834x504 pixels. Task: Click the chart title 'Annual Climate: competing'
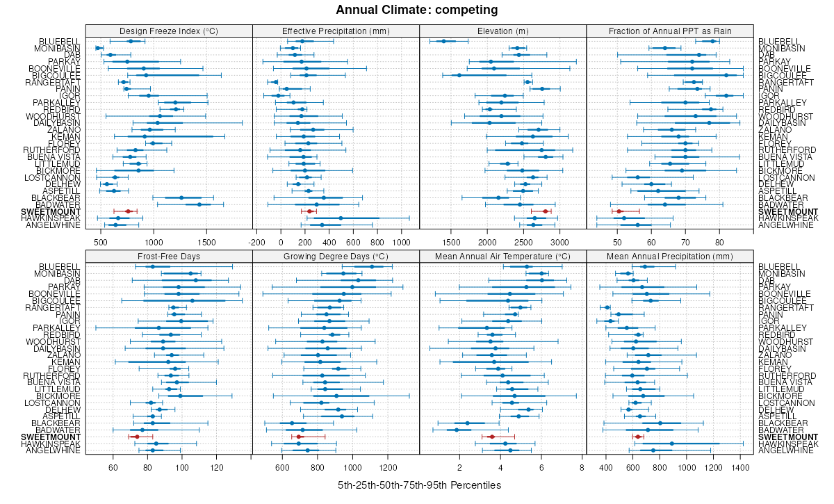pyautogui.click(x=416, y=10)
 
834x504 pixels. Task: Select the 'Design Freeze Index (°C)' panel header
pyautogui.click(x=169, y=31)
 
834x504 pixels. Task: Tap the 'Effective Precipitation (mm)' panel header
pyautogui.click(x=336, y=31)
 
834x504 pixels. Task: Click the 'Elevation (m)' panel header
pyautogui.click(x=503, y=31)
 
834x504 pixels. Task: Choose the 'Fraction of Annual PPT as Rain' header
pyautogui.click(x=670, y=31)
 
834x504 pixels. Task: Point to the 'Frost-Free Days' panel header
pyautogui.click(x=169, y=256)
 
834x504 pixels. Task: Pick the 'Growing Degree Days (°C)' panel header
pyautogui.click(x=336, y=256)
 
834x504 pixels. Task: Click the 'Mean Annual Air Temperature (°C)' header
pyautogui.click(x=503, y=256)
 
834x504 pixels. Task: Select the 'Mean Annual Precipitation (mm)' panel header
pyautogui.click(x=670, y=256)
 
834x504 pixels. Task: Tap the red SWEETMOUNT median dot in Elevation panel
pyautogui.click(x=546, y=211)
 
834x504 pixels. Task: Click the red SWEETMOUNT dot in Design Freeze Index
pyautogui.click(x=128, y=211)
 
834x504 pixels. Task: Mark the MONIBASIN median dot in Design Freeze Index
pyautogui.click(x=98, y=48)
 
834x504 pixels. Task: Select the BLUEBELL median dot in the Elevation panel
pyautogui.click(x=443, y=42)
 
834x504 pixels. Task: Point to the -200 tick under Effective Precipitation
pyautogui.click(x=257, y=243)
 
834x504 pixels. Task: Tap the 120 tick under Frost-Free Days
pyautogui.click(x=216, y=467)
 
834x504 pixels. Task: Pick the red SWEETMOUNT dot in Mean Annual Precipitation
pyautogui.click(x=638, y=437)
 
